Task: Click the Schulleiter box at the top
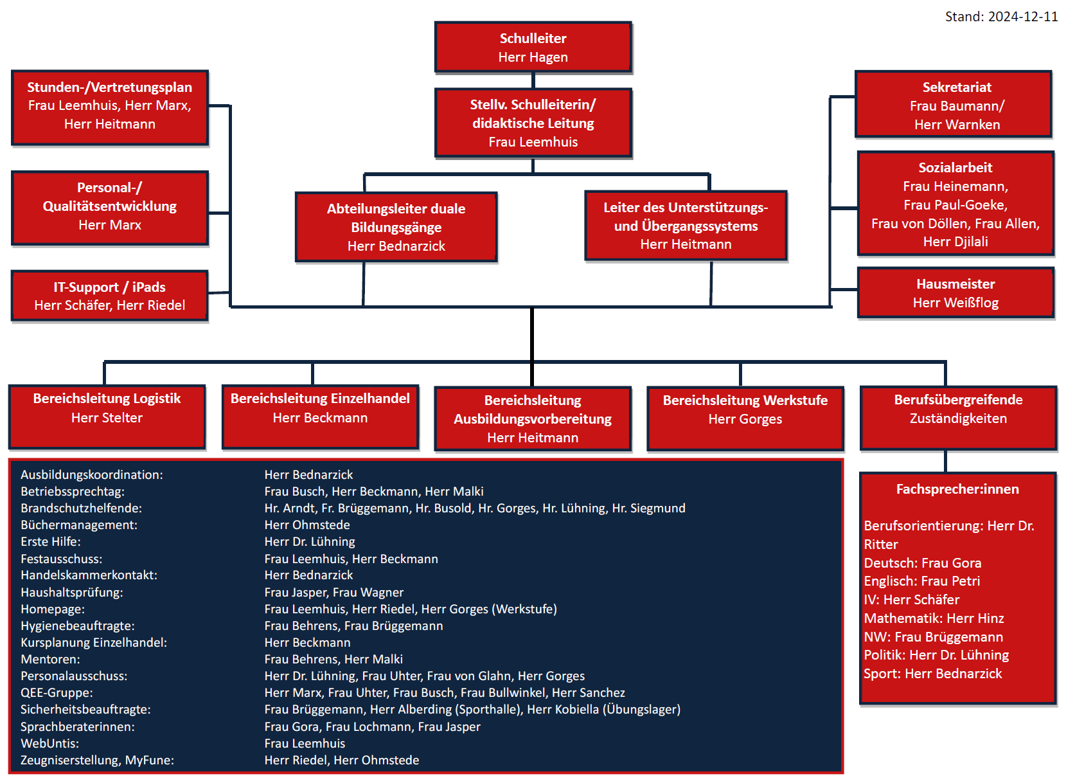pos(533,47)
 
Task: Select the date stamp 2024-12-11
pos(1022,17)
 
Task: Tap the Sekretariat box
pos(953,105)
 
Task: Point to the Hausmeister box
pos(955,293)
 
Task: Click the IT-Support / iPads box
pos(109,296)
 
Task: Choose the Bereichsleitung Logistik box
pos(107,417)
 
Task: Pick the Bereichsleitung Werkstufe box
pos(745,418)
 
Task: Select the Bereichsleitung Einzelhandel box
pos(320,417)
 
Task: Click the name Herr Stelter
pos(107,418)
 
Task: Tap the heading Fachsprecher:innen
pos(957,489)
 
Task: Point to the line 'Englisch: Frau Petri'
pos(921,581)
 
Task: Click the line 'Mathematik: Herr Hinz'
pos(934,618)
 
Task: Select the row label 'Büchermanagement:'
pos(79,525)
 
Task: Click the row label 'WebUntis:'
pos(49,744)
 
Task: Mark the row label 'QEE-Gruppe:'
pos(57,693)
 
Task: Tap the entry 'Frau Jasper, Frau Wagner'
pos(334,593)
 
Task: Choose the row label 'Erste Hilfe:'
pos(51,542)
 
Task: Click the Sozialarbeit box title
pos(955,168)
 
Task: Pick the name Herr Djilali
pos(955,242)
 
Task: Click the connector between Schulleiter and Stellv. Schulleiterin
pos(533,80)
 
